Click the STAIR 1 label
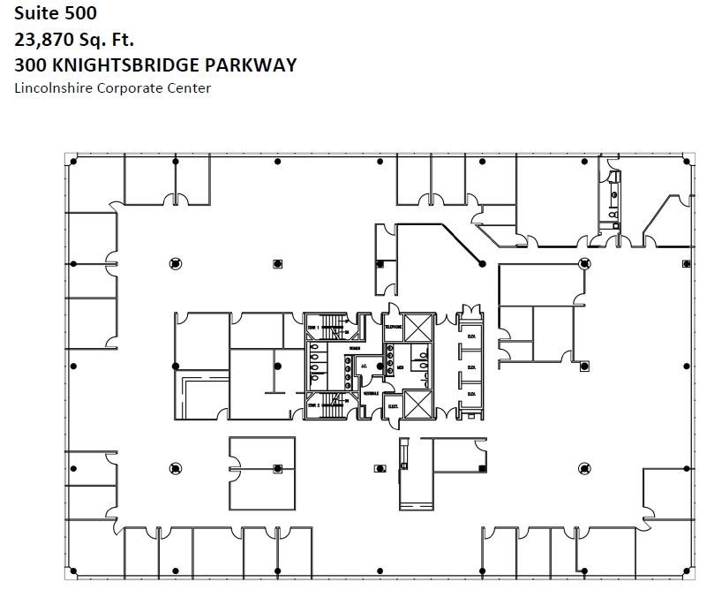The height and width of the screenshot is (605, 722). [x=312, y=327]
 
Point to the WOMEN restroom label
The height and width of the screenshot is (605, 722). [x=355, y=349]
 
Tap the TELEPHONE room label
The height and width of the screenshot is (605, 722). [x=393, y=327]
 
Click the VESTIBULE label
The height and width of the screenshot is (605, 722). [x=371, y=393]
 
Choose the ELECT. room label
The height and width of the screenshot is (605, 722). [x=393, y=406]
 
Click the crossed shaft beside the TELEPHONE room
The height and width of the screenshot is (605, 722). [x=418, y=327]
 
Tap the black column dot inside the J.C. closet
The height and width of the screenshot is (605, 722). [x=380, y=366]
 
